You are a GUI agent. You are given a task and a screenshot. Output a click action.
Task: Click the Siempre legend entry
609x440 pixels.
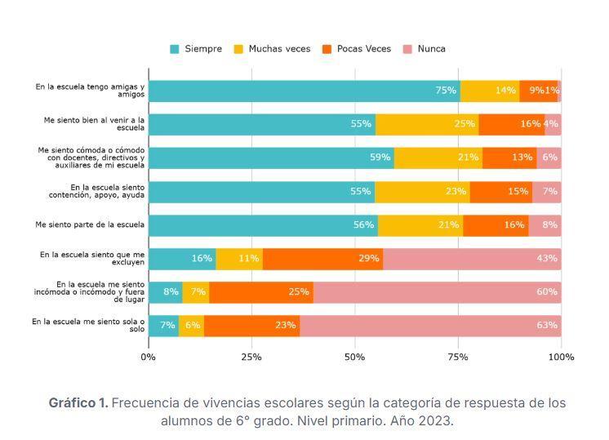tap(196, 49)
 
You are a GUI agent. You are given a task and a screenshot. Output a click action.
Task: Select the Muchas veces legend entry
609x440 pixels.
tap(273, 49)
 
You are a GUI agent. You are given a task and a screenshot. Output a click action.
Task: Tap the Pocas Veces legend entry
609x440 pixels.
tap(358, 49)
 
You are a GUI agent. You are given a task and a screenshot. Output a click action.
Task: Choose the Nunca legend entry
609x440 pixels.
tap(425, 49)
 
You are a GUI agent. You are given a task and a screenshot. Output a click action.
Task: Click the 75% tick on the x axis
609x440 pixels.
tap(458, 357)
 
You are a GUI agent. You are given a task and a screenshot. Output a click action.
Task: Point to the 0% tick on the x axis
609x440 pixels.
tap(148, 357)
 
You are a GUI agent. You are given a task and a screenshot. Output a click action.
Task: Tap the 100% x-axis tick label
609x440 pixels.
tap(561, 357)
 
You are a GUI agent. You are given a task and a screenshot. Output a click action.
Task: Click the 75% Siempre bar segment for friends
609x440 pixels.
tap(304, 91)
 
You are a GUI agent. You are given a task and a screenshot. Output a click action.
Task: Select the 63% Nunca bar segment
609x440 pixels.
tap(430, 326)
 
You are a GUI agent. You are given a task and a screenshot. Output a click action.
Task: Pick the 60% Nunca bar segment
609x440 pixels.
tap(437, 292)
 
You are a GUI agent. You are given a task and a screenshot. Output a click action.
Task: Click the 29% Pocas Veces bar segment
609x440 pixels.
tap(322, 259)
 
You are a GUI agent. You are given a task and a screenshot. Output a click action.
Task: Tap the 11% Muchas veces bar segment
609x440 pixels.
tap(239, 259)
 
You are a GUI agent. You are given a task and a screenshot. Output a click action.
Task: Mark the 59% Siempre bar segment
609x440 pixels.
tap(271, 158)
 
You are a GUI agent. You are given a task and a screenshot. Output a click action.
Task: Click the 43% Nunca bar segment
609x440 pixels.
tap(472, 259)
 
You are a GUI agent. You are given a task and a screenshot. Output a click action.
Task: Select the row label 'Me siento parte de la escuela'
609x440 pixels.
tap(90, 224)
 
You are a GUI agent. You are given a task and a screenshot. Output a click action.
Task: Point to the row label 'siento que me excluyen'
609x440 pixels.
tap(92, 258)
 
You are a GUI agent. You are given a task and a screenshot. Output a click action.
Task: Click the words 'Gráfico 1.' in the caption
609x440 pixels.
tap(78, 403)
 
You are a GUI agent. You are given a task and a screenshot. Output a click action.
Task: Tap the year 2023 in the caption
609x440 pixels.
tap(434, 421)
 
